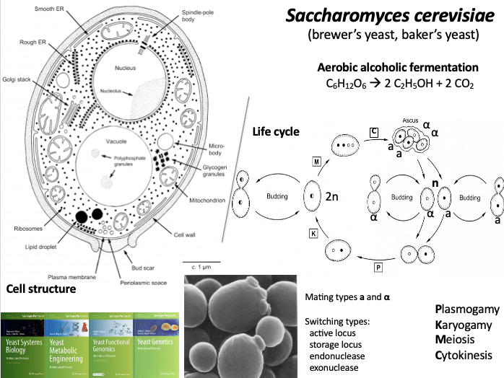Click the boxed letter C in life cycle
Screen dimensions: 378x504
coord(373,131)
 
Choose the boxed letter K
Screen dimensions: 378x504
coord(313,234)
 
